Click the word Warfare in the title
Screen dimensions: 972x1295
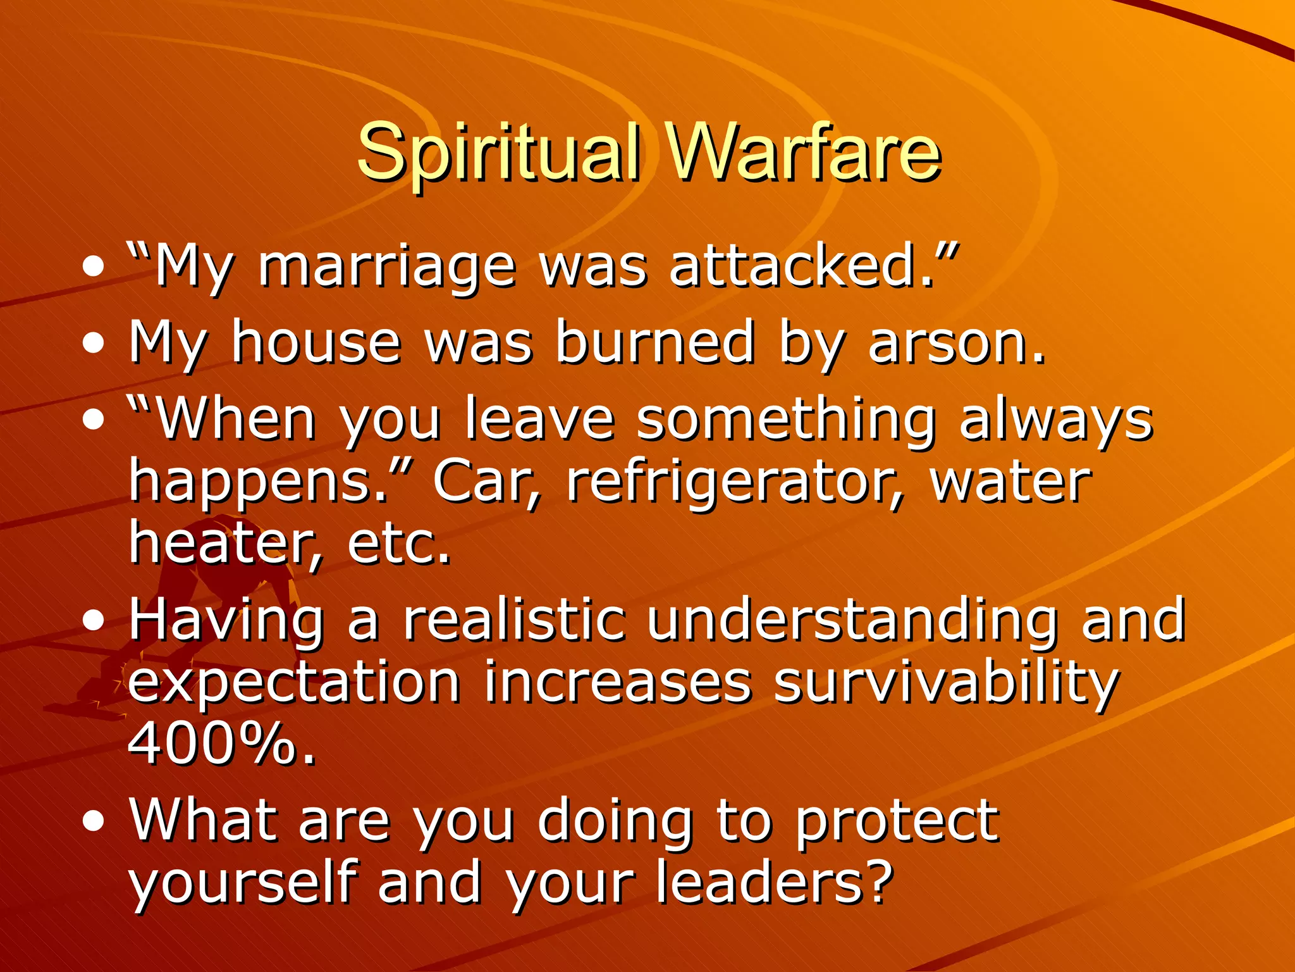[x=803, y=152]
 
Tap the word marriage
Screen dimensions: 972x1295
[x=387, y=267]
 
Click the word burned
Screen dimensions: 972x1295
[x=655, y=343]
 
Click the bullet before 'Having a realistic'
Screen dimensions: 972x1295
[x=94, y=621]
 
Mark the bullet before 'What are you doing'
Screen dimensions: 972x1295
[x=94, y=821]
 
